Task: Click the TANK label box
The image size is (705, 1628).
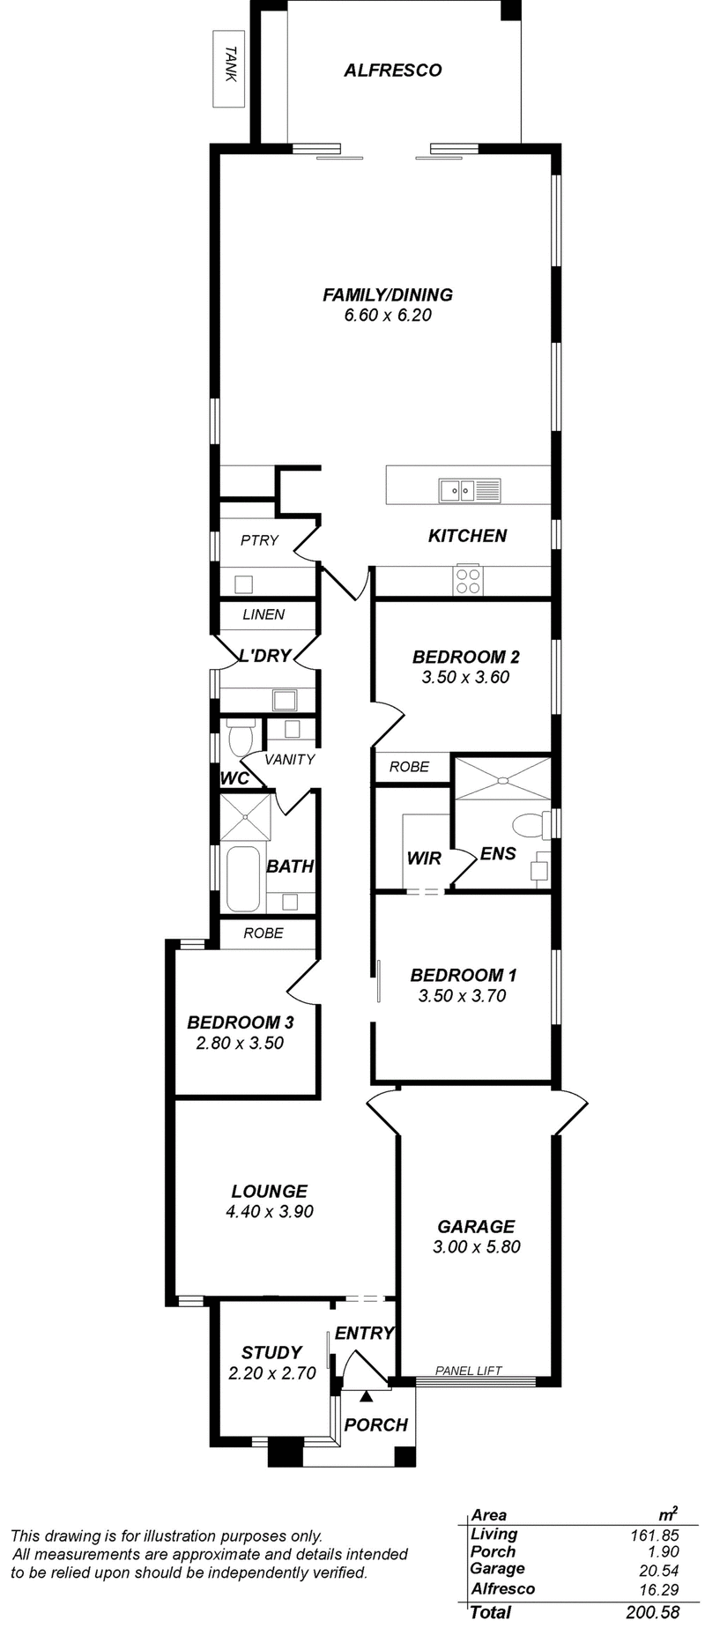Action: [229, 69]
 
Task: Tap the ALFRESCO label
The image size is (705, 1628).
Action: [392, 71]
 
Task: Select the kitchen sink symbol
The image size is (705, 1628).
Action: [469, 489]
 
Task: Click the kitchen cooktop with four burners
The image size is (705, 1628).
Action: [467, 579]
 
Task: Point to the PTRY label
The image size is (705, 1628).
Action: [259, 540]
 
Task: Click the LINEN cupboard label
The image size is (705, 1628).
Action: [263, 614]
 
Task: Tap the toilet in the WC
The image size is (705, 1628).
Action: [241, 737]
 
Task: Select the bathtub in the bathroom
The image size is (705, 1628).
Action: [243, 879]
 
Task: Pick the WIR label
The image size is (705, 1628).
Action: [424, 858]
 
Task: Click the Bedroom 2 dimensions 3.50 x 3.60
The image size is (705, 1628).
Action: [465, 678]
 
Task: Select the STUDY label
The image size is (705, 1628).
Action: [271, 1352]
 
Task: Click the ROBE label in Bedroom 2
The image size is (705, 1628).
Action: [410, 767]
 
